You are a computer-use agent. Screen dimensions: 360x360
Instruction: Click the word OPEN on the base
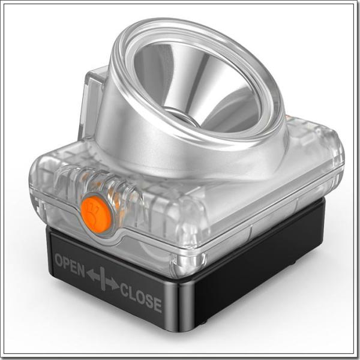coord(70,265)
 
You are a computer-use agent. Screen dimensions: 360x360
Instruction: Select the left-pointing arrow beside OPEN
coord(93,275)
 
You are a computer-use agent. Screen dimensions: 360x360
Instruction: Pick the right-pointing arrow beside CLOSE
coord(112,284)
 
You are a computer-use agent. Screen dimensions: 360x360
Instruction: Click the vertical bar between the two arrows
coord(103,279)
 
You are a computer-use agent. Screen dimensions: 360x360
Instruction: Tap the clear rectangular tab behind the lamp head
coord(93,103)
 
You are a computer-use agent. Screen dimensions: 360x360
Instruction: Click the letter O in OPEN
coord(59,260)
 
